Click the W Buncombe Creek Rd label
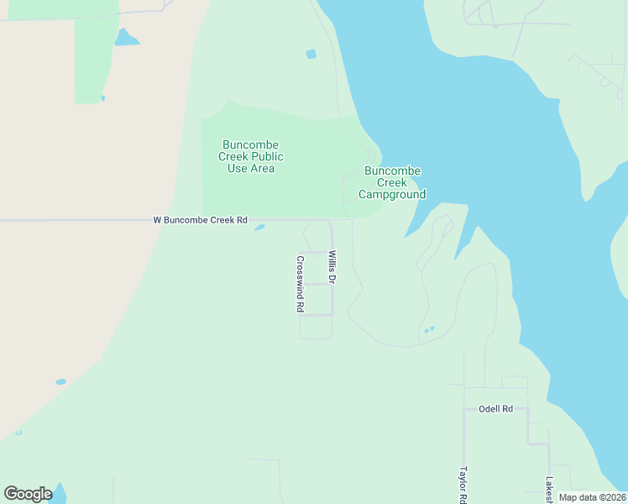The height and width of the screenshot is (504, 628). pos(200,220)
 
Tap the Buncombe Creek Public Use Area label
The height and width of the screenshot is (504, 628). pos(251,156)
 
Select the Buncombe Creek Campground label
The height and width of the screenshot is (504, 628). pos(392,182)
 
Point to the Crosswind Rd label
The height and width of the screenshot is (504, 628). pos(300,284)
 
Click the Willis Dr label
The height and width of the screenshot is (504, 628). pos(332,267)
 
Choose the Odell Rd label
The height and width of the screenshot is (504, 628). pos(495,409)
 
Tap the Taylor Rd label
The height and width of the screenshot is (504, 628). pos(463,485)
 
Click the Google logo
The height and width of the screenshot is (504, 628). pos(28,494)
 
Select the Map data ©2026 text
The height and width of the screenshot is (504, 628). pos(591,497)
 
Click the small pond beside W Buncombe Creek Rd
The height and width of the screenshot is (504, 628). pos(259,227)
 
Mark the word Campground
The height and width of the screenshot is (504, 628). pos(392,195)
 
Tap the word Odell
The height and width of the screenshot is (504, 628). pos(489,409)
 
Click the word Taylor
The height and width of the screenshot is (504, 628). pos(463,480)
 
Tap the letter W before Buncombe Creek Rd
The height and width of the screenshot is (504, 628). pos(157,220)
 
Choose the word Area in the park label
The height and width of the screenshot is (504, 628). pos(263,168)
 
